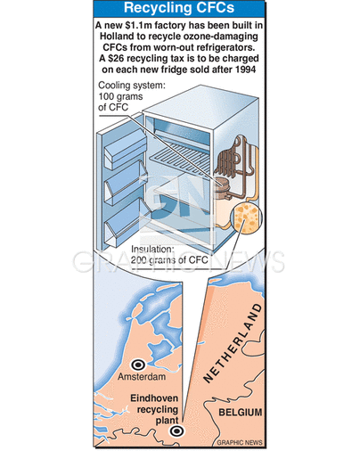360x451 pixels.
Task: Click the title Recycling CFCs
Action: coord(179,8)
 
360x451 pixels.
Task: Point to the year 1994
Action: coord(246,70)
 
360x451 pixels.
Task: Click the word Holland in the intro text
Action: coord(117,37)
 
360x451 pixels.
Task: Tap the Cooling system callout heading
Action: coord(131,86)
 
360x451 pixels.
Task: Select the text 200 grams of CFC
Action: coord(169,260)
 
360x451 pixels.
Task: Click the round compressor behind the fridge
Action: coord(223,187)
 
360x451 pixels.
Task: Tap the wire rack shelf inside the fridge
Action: coord(181,157)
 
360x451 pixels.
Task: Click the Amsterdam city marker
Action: coord(138,365)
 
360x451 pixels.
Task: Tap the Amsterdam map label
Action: coord(142,377)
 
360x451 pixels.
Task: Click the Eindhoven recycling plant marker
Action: coord(176,430)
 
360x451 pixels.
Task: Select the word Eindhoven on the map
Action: coord(154,398)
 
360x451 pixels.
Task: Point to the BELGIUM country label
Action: coord(241,412)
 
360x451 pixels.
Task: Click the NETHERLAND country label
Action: coord(233,342)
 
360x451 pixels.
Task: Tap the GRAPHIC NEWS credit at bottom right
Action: coord(240,442)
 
